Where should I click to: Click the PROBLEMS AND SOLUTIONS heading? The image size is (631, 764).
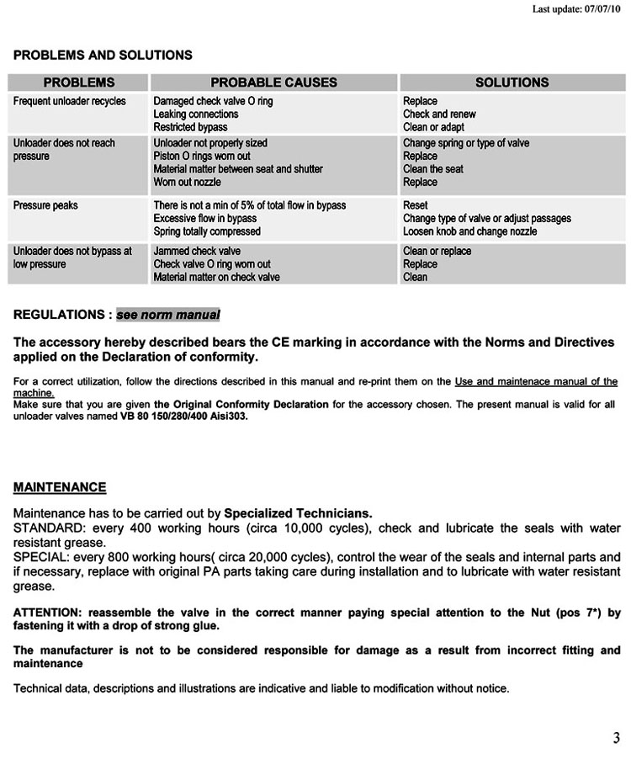[103, 56]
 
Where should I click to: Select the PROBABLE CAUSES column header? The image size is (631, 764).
[273, 82]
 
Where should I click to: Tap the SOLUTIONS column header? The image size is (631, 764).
[512, 82]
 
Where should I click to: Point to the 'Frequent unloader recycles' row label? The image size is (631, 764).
[70, 102]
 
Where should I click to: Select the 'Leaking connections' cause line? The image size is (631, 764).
[196, 114]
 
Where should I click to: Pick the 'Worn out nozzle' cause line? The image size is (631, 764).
[187, 182]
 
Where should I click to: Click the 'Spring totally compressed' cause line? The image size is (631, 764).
[207, 231]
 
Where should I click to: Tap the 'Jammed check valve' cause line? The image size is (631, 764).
[197, 252]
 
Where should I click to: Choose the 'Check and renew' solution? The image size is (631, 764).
[439, 114]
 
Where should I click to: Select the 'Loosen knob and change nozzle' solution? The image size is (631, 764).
[469, 231]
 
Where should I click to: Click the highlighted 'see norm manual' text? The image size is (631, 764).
[168, 316]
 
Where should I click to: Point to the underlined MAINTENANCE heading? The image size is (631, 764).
[60, 487]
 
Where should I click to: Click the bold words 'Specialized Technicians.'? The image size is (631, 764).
[298, 513]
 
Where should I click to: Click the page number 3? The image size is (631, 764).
[616, 739]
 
